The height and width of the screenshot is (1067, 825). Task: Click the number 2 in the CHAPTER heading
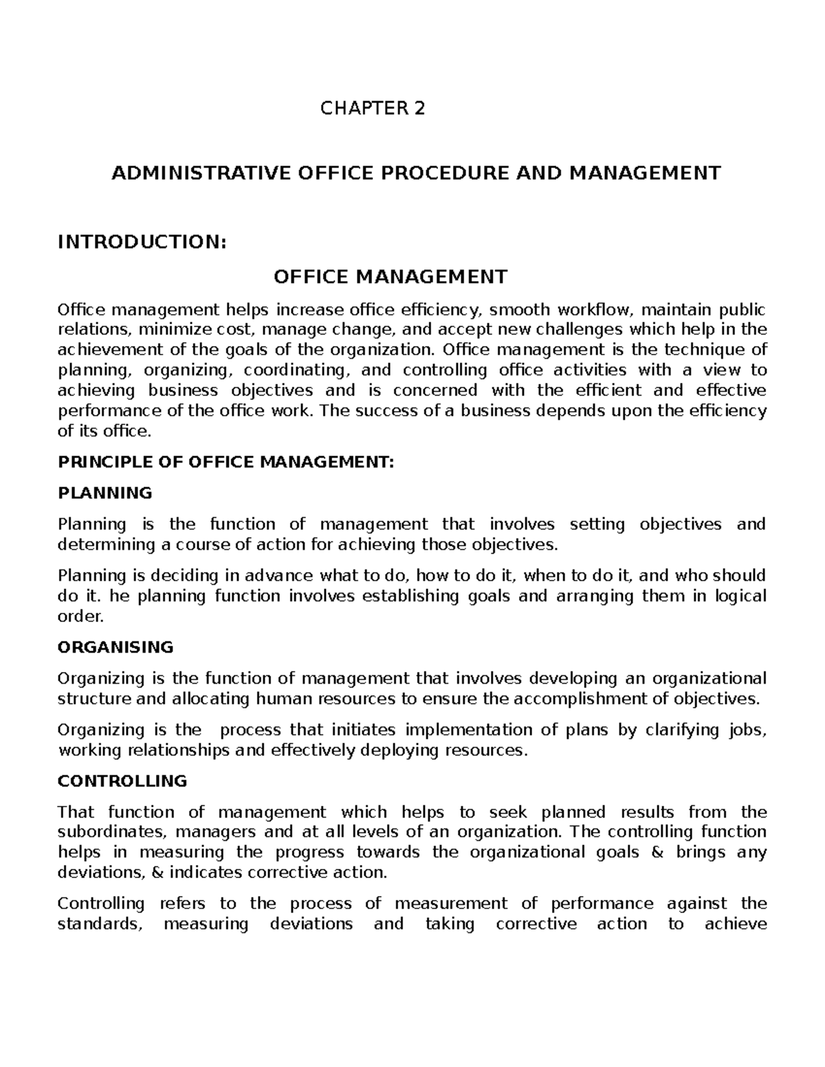click(419, 109)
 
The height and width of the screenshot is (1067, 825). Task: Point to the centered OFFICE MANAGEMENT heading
click(390, 277)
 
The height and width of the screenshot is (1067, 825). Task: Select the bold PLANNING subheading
click(105, 493)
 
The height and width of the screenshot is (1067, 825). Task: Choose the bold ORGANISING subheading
click(115, 647)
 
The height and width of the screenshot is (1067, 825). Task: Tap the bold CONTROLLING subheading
click(122, 780)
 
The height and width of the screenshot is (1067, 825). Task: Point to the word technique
click(691, 350)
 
